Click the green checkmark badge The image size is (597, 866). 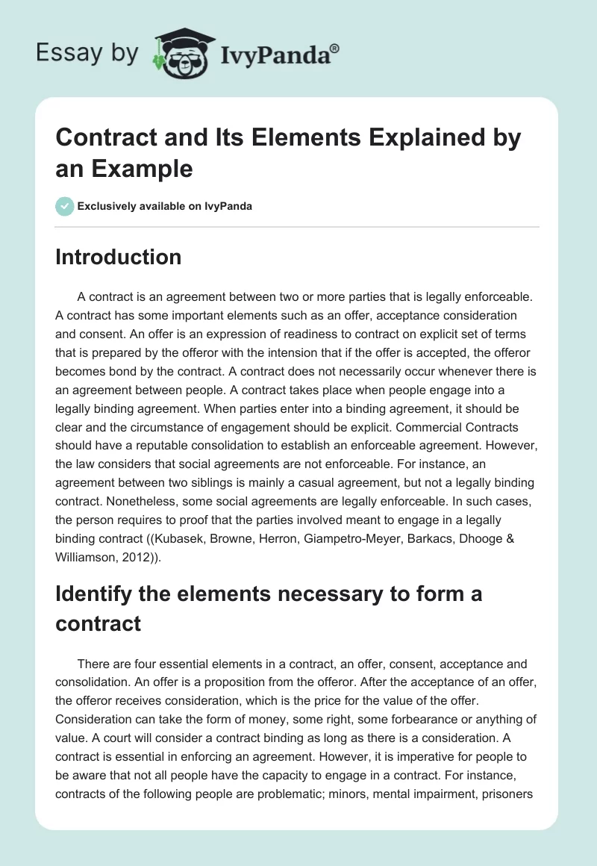click(64, 206)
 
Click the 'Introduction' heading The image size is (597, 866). click(118, 257)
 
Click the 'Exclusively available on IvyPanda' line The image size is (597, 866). click(164, 206)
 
